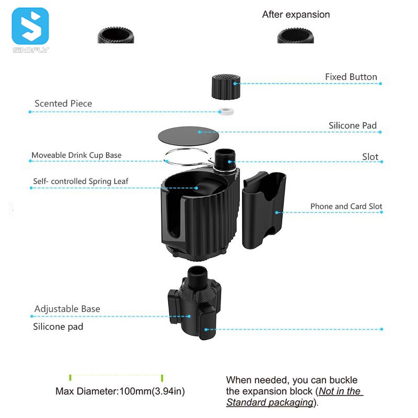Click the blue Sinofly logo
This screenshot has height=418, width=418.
tap(30, 26)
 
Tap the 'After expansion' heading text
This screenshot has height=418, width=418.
tap(296, 15)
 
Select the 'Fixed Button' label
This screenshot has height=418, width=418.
tap(351, 77)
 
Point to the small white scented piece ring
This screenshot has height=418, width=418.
tap(226, 111)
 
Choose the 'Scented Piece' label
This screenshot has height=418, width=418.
tap(63, 103)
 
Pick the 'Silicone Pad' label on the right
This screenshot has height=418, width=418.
tap(353, 125)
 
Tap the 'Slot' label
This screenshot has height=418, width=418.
tap(370, 157)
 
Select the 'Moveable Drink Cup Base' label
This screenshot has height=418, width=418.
tap(76, 155)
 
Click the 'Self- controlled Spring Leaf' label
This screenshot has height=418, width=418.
tap(80, 181)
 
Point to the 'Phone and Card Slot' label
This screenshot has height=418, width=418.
tap(346, 206)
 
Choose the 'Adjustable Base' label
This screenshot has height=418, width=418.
tap(67, 309)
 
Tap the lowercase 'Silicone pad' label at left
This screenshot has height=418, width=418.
tap(58, 327)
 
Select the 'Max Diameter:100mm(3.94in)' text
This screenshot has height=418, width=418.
tap(120, 391)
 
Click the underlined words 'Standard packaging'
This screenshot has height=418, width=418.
tap(269, 402)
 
